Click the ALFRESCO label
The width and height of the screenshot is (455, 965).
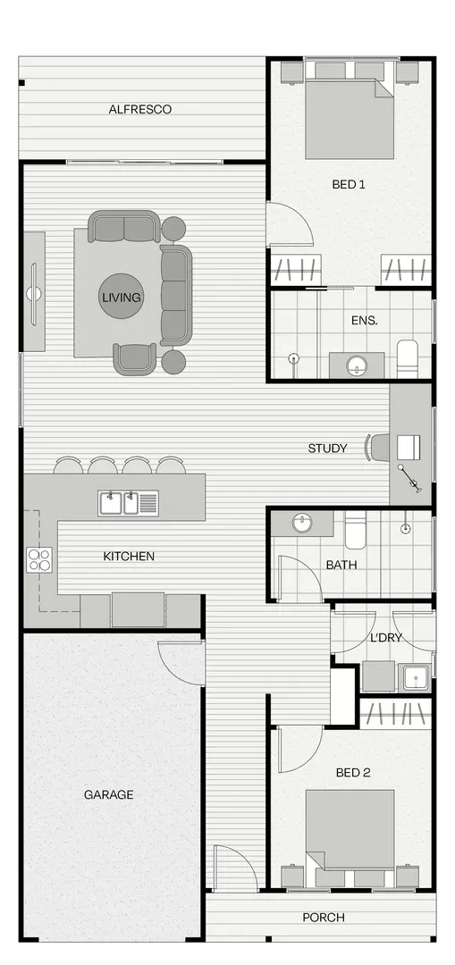pyautogui.click(x=139, y=109)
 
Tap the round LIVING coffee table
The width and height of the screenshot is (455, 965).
pyautogui.click(x=121, y=298)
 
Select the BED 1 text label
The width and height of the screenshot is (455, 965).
pyautogui.click(x=349, y=185)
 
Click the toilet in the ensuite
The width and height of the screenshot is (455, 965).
pyautogui.click(x=407, y=357)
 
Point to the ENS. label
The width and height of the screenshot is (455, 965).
pyautogui.click(x=365, y=320)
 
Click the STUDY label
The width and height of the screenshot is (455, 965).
pyautogui.click(x=327, y=448)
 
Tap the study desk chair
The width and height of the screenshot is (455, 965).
pyautogui.click(x=376, y=447)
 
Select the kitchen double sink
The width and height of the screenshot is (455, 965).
pyautogui.click(x=119, y=503)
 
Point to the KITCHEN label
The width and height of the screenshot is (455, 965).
pyautogui.click(x=129, y=556)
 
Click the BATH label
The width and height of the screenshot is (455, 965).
pyautogui.click(x=341, y=565)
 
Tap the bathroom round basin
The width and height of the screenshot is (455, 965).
pyautogui.click(x=302, y=523)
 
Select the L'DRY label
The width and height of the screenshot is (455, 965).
pyautogui.click(x=386, y=639)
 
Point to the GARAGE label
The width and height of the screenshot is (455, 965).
pyautogui.click(x=109, y=794)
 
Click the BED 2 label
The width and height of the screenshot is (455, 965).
pyautogui.click(x=352, y=772)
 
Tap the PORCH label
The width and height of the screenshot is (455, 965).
pyautogui.click(x=323, y=918)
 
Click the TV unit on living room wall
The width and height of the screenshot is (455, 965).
pyautogui.click(x=34, y=291)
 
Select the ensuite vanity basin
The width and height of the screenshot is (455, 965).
pyautogui.click(x=357, y=365)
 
